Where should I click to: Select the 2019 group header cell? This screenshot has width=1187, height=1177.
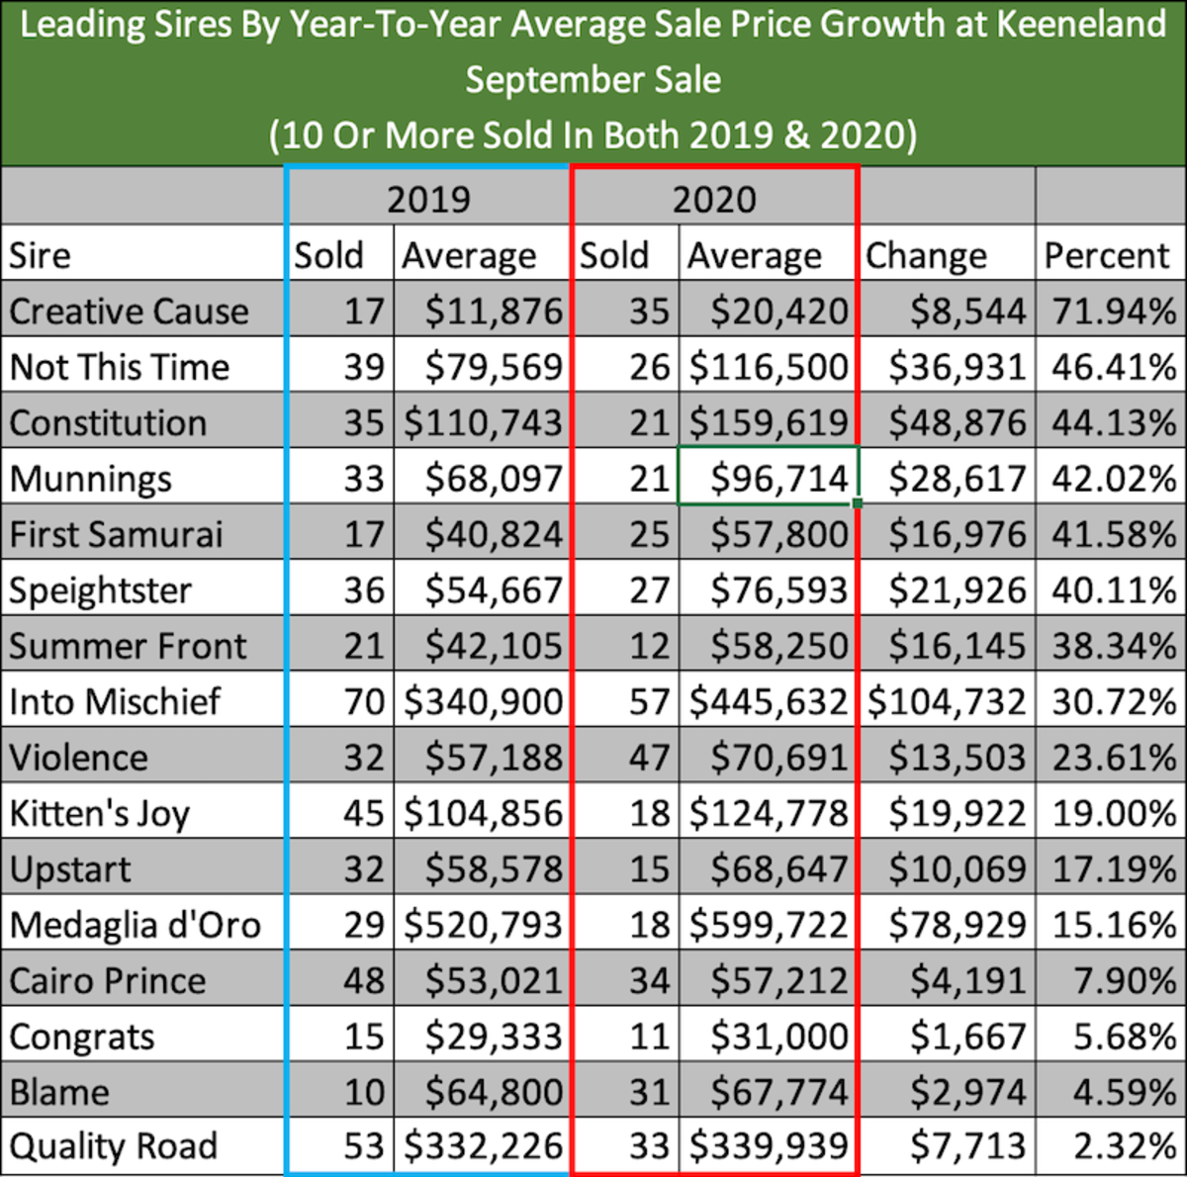click(x=428, y=199)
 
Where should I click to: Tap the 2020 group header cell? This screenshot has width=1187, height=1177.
click(x=714, y=199)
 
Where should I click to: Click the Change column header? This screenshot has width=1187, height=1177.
click(x=926, y=255)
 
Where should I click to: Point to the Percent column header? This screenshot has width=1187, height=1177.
click(x=1107, y=255)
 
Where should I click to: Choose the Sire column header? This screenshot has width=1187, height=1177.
click(x=40, y=255)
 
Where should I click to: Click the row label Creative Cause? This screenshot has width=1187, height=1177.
click(x=129, y=312)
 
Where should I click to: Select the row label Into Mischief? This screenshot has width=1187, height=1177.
click(x=115, y=701)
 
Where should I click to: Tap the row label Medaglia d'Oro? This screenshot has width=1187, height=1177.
click(x=136, y=925)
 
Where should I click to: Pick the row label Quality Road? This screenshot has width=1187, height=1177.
click(x=113, y=1146)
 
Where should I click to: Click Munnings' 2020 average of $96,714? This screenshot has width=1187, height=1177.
click(x=778, y=479)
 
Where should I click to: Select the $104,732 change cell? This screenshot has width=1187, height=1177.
click(x=947, y=701)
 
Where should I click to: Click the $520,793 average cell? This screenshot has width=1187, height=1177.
click(x=483, y=925)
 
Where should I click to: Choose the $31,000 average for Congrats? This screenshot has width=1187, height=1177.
click(x=778, y=1037)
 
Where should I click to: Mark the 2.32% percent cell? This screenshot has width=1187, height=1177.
click(x=1126, y=1146)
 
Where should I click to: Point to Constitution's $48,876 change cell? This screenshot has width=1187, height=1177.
click(x=957, y=423)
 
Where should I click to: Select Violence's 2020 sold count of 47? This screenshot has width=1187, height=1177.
click(x=649, y=758)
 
